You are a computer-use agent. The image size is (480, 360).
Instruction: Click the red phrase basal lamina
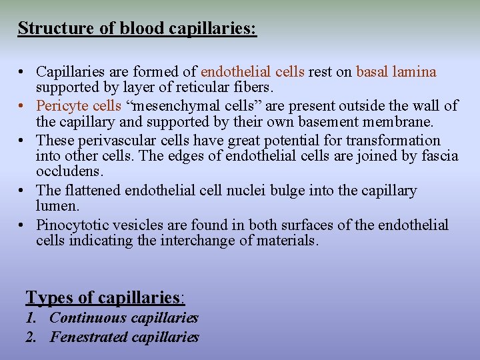point(396,71)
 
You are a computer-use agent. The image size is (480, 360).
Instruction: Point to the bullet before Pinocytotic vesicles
point(23,225)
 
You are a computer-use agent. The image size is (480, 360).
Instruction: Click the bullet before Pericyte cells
point(23,106)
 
